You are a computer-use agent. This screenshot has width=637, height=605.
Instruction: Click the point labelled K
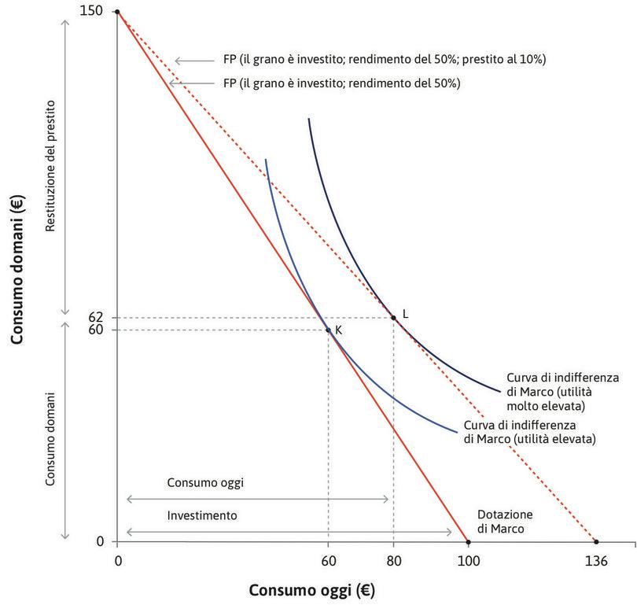point(328,330)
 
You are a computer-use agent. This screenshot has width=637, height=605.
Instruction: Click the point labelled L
point(393,318)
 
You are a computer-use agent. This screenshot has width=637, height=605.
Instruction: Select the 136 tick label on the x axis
point(596,561)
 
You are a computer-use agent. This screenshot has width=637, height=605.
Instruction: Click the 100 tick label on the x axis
point(469,561)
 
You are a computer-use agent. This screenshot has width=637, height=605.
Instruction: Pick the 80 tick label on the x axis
point(393,561)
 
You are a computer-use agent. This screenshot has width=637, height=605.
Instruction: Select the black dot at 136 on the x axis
point(596,541)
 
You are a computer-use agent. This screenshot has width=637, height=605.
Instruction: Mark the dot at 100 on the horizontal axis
point(469,541)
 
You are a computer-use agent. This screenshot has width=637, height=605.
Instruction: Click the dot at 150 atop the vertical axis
point(117,12)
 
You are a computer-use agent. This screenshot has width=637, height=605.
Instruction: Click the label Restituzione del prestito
point(51,165)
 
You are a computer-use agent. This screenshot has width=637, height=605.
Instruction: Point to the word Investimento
point(202,515)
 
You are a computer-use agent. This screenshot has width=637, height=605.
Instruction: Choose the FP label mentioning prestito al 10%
point(384,59)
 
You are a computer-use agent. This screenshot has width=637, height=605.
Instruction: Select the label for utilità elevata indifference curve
point(529,431)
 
